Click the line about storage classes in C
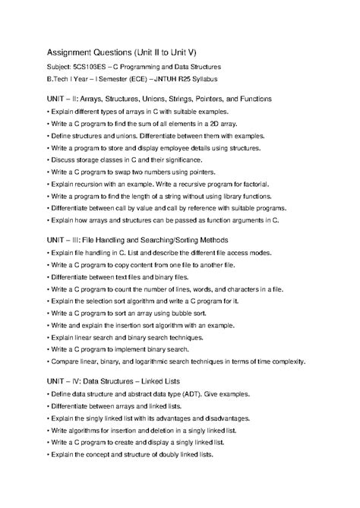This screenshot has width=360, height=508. pos(125,160)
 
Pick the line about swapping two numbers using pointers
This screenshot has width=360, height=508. pos(133,172)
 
